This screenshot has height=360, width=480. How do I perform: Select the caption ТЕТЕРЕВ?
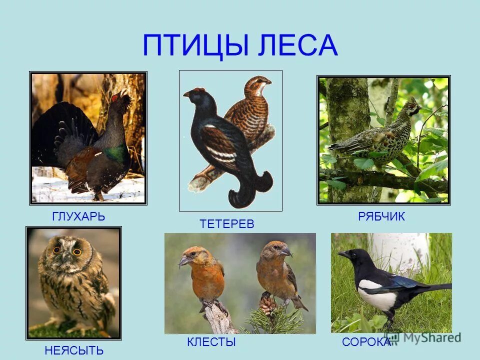(x=227, y=224)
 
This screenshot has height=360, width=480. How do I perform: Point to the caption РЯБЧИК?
(x=381, y=216)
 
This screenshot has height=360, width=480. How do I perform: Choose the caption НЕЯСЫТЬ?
(x=74, y=350)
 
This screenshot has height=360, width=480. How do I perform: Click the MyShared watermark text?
(x=428, y=337)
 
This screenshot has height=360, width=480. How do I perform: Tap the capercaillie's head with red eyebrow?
(x=122, y=96)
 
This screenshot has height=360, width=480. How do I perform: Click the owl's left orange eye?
(x=57, y=249)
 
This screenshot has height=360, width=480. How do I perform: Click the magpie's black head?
(x=354, y=256)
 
